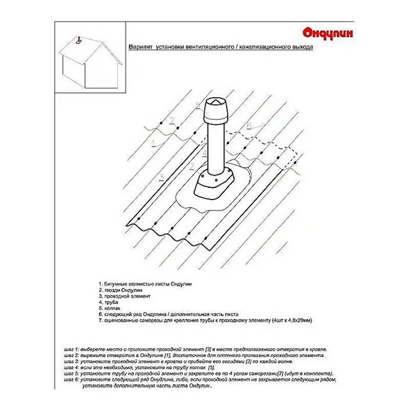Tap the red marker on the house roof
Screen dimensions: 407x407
point(78,41)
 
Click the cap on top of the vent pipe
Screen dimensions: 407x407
point(211,109)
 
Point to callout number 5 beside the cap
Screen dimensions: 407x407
point(198,105)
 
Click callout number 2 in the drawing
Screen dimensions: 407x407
point(172,121)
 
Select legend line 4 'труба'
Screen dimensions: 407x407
point(106,303)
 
